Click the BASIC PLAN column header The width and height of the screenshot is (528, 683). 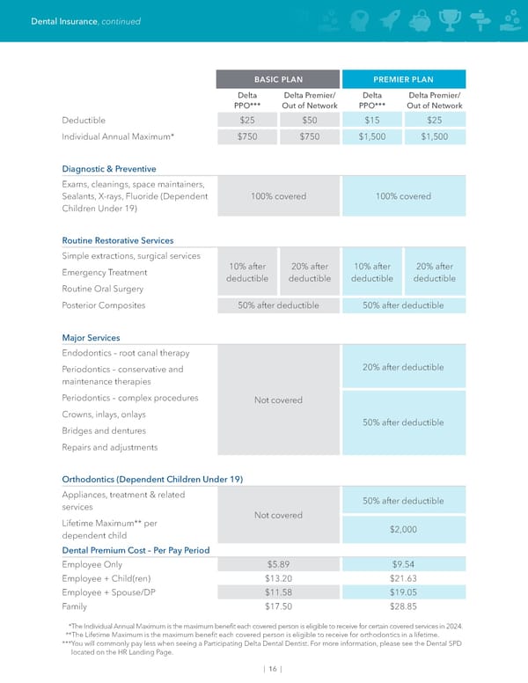pyautogui.click(x=278, y=79)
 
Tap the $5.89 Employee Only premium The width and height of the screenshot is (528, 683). pyautogui.click(x=278, y=564)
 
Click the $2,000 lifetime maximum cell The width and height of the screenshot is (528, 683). pyautogui.click(x=402, y=529)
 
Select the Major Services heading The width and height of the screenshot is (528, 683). pyautogui.click(x=92, y=337)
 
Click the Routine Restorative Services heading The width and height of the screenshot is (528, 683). pyautogui.click(x=118, y=239)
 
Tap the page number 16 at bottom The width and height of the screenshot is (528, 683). pyautogui.click(x=274, y=669)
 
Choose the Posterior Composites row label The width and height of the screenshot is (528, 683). pyautogui.click(x=104, y=305)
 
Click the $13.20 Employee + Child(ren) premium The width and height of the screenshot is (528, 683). pyautogui.click(x=278, y=578)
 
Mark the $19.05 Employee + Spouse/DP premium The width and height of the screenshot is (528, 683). pyautogui.click(x=402, y=592)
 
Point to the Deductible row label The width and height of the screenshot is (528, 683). pyautogui.click(x=84, y=120)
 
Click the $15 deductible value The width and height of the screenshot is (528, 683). pyautogui.click(x=371, y=120)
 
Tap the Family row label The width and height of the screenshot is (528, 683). pyautogui.click(x=75, y=606)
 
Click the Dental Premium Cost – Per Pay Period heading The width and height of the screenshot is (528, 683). pyautogui.click(x=136, y=550)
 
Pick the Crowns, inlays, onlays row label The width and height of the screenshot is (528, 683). pyautogui.click(x=104, y=414)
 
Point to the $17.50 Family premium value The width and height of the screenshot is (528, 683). pyautogui.click(x=278, y=606)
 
